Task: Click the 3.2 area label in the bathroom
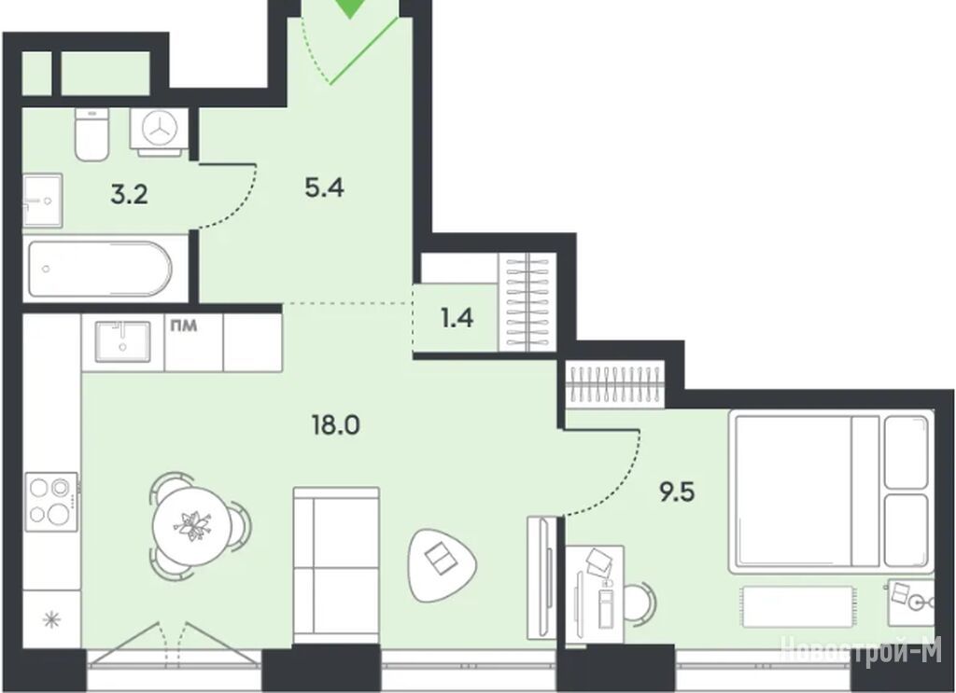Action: (129, 195)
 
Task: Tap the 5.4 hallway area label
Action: (324, 188)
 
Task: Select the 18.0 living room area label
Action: (336, 424)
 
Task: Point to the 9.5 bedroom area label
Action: (677, 492)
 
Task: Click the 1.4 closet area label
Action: (457, 318)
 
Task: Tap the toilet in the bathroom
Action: (91, 134)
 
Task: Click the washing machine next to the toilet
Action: (159, 129)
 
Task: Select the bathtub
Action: (101, 269)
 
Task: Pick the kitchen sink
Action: (122, 341)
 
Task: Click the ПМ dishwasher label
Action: (184, 326)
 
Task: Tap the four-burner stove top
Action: (51, 502)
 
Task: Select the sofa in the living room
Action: (336, 565)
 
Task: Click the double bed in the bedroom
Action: (832, 492)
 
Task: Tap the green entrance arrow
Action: (351, 7)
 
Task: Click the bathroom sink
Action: (43, 201)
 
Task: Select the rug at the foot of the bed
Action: (797, 605)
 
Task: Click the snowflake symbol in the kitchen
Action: (52, 620)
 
